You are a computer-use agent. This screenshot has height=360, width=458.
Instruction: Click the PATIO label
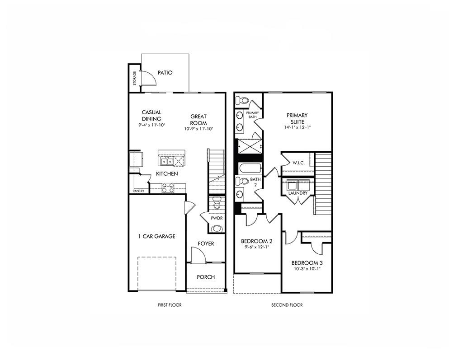(x=165, y=73)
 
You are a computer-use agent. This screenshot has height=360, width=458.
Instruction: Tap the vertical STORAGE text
(x=134, y=78)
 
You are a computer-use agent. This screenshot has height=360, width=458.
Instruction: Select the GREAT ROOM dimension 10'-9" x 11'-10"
(x=198, y=129)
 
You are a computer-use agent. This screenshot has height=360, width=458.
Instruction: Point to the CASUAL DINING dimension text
(x=151, y=125)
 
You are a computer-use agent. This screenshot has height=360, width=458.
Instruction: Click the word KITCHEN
(x=167, y=174)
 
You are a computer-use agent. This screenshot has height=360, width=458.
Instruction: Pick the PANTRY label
(x=138, y=191)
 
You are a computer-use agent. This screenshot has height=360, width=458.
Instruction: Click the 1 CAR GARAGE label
(x=156, y=236)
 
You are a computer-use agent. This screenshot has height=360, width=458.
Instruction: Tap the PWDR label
(x=217, y=218)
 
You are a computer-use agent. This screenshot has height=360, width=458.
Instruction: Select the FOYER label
(x=206, y=244)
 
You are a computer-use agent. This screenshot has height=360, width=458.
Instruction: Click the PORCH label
(x=206, y=277)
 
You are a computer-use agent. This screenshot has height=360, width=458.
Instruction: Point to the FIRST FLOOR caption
(x=170, y=305)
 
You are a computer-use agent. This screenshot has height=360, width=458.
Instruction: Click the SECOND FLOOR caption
(x=287, y=305)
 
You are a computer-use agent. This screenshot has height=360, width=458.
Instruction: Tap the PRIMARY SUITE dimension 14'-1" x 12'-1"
(x=297, y=127)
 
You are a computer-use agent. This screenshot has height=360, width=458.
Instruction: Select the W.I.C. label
(x=297, y=163)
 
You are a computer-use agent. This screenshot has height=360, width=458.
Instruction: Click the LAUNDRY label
(x=298, y=193)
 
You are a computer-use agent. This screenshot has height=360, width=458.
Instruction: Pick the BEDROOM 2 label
(x=256, y=241)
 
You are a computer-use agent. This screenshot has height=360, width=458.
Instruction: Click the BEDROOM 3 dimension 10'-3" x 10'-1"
(x=307, y=270)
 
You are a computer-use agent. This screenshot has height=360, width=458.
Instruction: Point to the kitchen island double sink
(x=166, y=161)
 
